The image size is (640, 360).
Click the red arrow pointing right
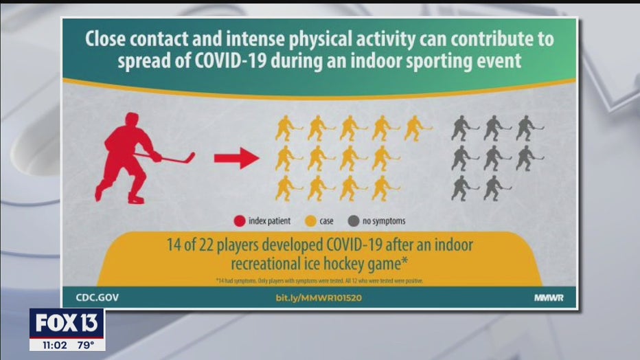(235, 159)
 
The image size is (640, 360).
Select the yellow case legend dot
(309, 221)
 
